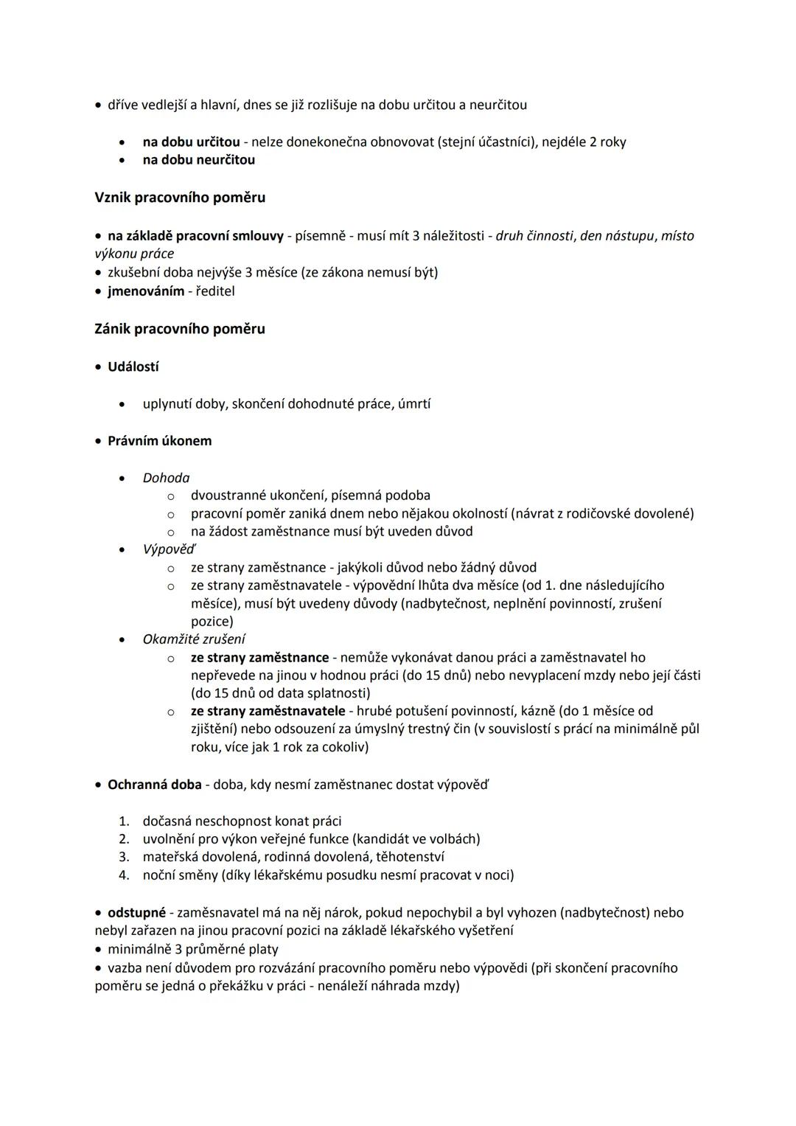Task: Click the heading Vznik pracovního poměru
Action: [x=180, y=198]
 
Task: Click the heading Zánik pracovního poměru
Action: [x=180, y=329]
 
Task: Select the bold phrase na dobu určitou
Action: [x=191, y=142]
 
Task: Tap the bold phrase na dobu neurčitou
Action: [x=199, y=160]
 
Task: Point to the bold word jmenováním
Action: [x=146, y=291]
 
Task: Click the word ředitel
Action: [x=215, y=291]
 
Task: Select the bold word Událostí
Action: [x=133, y=366]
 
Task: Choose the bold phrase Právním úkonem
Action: [x=159, y=441]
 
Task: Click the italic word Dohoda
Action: [x=166, y=478]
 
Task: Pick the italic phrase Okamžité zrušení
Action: [x=194, y=639]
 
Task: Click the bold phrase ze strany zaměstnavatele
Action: [x=268, y=711]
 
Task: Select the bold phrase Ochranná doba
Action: [x=155, y=785]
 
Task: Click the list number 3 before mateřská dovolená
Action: [x=125, y=857]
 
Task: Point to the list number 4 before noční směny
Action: [x=125, y=875]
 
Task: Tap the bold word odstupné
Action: [x=136, y=913]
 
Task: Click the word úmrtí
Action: [x=414, y=404]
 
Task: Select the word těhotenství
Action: [x=410, y=857]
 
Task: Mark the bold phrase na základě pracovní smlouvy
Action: [x=195, y=236]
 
